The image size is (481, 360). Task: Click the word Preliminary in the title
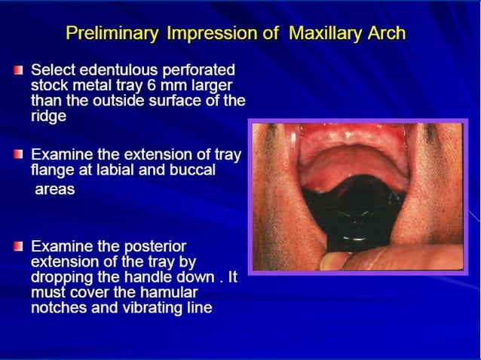coord(110,34)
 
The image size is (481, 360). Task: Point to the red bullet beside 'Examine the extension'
coord(18,154)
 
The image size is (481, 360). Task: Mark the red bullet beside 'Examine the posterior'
coord(18,246)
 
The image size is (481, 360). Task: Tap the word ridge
coord(49,116)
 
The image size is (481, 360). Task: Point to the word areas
coord(54,189)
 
